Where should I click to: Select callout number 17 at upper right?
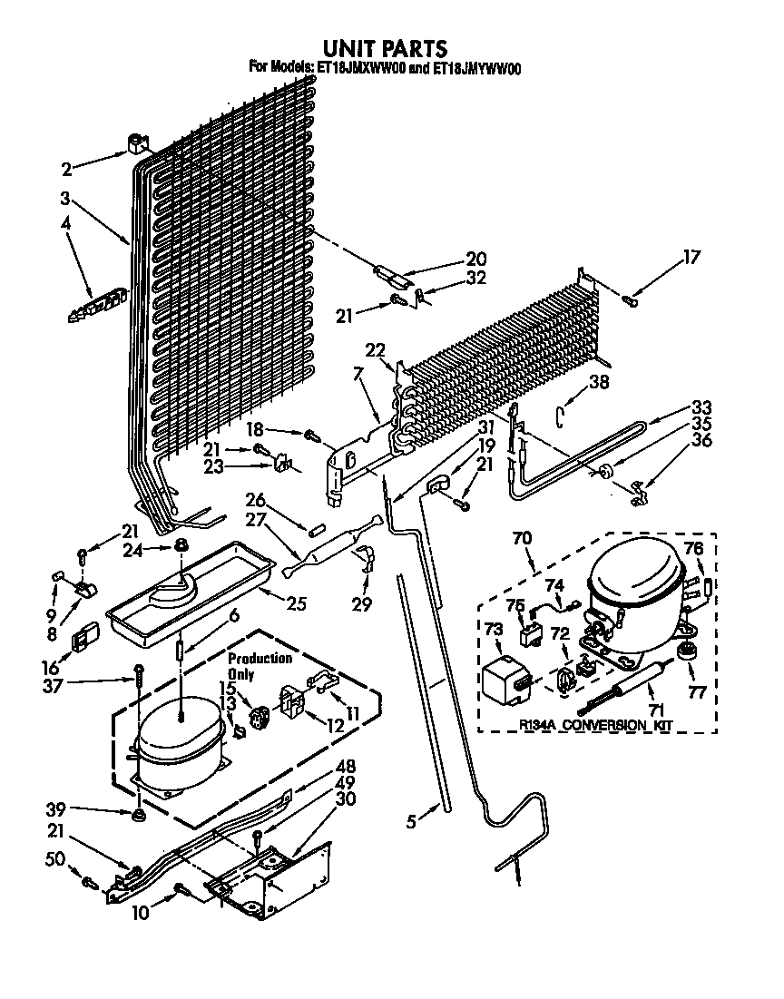tap(692, 257)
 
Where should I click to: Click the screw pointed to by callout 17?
tap(632, 301)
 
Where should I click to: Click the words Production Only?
tap(260, 665)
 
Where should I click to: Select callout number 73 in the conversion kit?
tap(493, 628)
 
